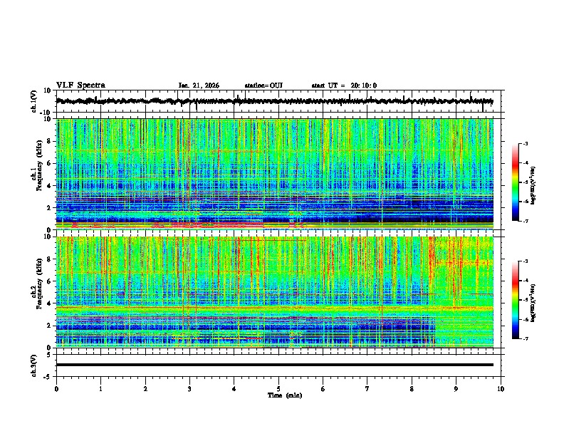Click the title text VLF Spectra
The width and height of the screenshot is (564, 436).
pyautogui.click(x=80, y=85)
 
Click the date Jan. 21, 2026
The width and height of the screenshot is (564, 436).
pyautogui.click(x=199, y=85)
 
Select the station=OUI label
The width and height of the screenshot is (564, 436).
pyautogui.click(x=263, y=85)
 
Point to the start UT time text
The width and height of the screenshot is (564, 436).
pyautogui.click(x=344, y=85)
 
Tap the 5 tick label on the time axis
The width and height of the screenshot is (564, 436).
pyautogui.click(x=278, y=388)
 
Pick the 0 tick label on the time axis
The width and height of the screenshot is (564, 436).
pyautogui.click(x=56, y=388)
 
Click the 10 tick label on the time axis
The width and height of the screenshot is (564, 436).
pyautogui.click(x=501, y=388)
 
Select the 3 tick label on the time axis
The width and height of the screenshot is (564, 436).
pyautogui.click(x=189, y=388)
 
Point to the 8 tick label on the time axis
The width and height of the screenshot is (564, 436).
pyautogui.click(x=412, y=388)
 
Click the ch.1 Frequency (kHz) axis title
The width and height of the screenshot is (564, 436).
pyautogui.click(x=38, y=175)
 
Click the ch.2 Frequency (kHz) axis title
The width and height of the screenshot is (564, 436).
pyautogui.click(x=38, y=292)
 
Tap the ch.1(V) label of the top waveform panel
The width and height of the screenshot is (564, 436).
pyautogui.click(x=34, y=101)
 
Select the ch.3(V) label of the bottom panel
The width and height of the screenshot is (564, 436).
pyautogui.click(x=34, y=364)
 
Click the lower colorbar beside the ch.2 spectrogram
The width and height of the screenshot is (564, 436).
pyautogui.click(x=515, y=300)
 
